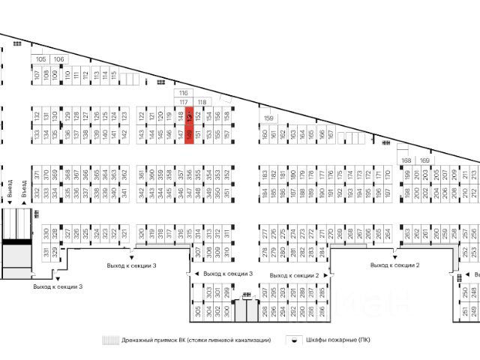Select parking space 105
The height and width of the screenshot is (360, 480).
point(40,59)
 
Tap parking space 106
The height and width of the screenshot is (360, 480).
point(58,59)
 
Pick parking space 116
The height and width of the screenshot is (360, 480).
point(183,92)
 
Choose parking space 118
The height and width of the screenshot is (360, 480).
point(201,101)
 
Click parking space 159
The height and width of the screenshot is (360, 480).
point(269,118)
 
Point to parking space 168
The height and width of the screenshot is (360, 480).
point(406,160)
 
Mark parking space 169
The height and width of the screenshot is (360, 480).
point(424,160)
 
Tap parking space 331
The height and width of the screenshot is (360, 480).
point(45,251)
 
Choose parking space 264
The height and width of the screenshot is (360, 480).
point(388,233)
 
